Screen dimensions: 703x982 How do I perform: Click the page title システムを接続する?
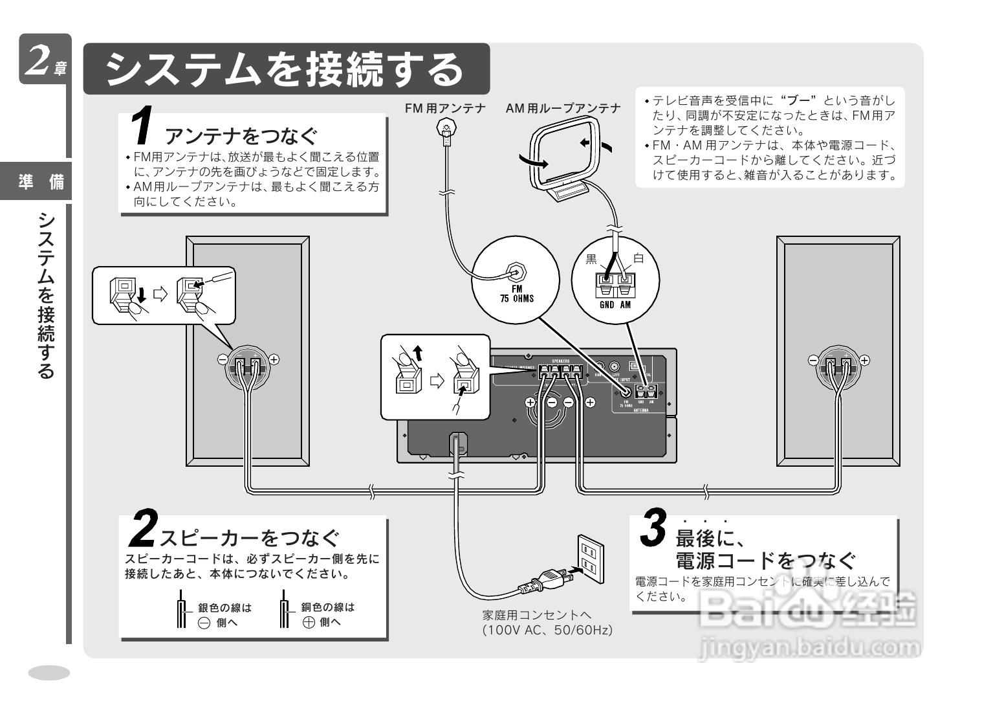tap(285, 69)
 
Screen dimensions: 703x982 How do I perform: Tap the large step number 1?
tap(142, 126)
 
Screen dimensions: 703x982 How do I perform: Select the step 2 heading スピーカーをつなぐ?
tap(250, 538)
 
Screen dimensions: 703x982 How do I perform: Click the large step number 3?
tap(653, 528)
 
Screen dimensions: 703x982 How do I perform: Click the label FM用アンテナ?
tap(445, 108)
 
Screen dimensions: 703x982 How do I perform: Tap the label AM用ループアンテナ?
tap(563, 108)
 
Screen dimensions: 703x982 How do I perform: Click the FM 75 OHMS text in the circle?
tap(516, 294)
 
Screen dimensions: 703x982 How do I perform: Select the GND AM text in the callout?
tap(615, 304)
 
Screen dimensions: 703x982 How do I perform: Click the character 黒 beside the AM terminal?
tap(591, 259)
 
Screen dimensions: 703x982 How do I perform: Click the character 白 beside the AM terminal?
tap(638, 259)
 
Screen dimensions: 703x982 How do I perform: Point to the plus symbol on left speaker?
tap(274, 359)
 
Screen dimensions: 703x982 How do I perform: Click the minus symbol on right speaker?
tap(813, 360)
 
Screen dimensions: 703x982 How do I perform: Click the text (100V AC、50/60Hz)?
tap(547, 630)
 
